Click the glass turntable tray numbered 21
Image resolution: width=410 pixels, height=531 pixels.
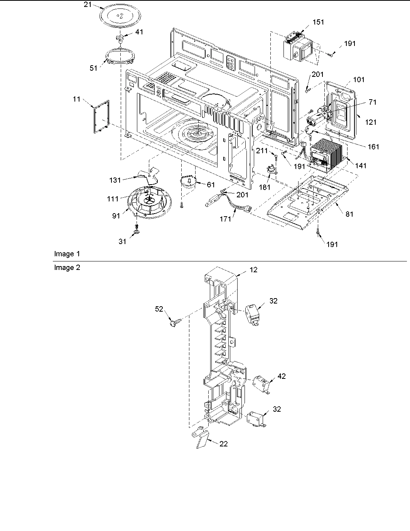pos(118,17)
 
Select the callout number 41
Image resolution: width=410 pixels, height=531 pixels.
pos(139,32)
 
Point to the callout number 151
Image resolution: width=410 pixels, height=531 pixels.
pos(318,22)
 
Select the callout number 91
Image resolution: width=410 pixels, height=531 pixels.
pos(116,216)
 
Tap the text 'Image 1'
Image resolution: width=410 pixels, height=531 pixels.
pos(67,254)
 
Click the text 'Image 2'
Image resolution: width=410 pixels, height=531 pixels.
pos(67,268)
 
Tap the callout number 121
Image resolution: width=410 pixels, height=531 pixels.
pos(371,122)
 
